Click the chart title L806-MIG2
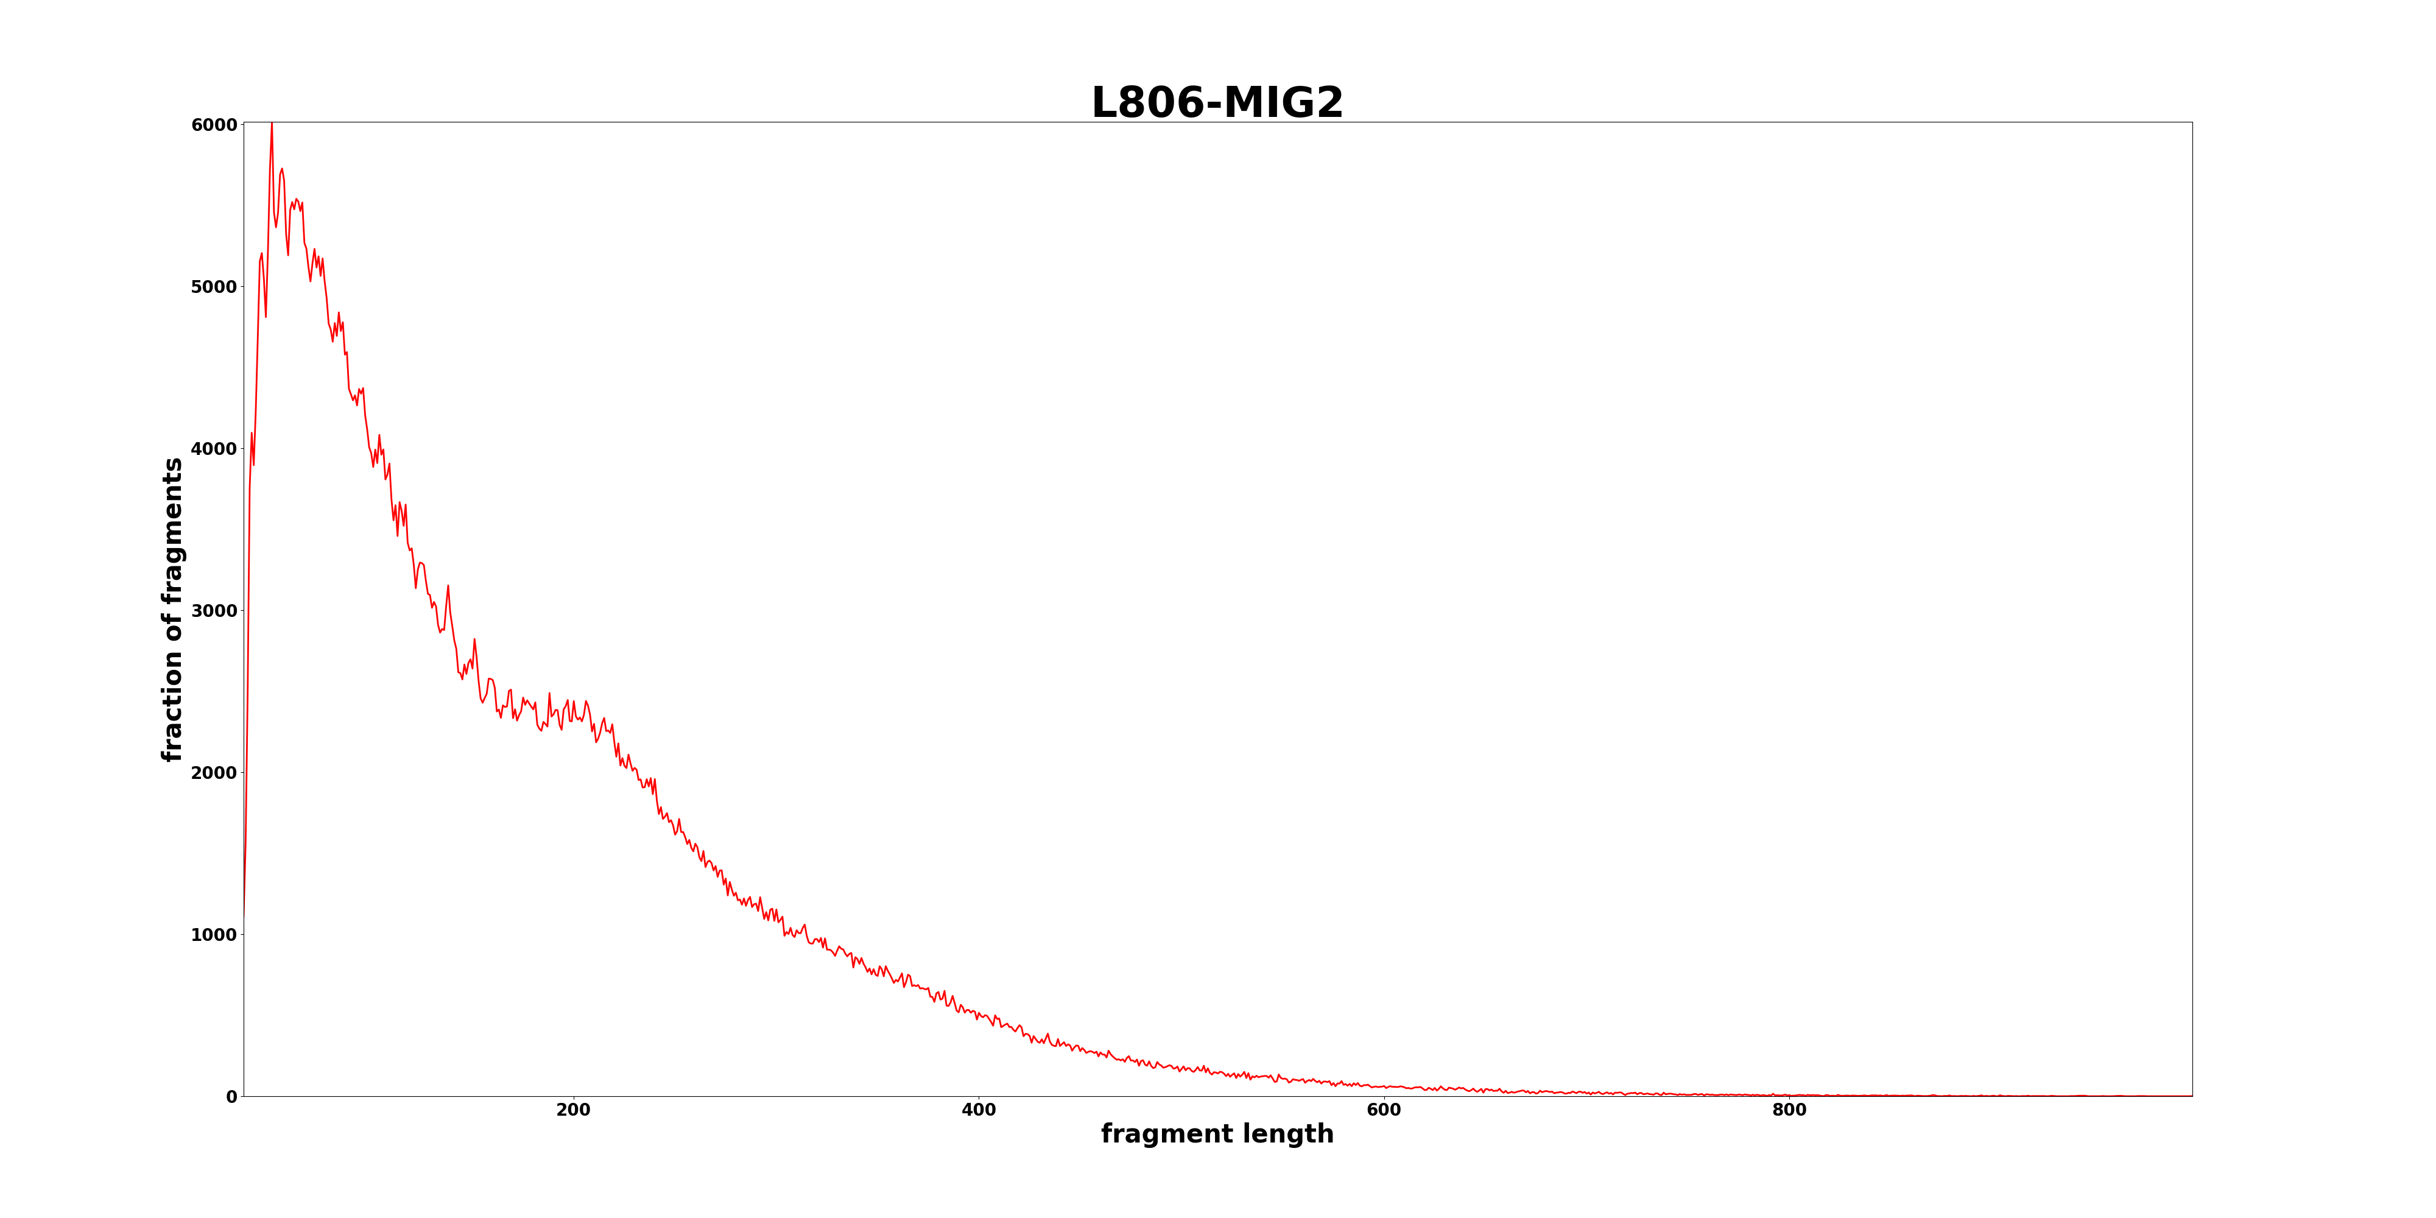coord(1217,103)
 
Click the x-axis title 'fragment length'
coord(1217,1134)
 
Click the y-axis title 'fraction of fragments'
coord(173,610)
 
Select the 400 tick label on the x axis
coord(979,1110)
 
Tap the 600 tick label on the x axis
coord(1384,1110)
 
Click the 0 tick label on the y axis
coord(231,1097)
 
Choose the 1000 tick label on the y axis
coord(214,935)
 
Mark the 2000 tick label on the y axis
coord(214,773)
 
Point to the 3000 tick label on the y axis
coord(214,611)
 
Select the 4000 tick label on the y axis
coord(214,449)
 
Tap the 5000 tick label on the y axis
coord(214,286)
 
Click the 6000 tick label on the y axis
coord(214,125)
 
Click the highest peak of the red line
coord(272,124)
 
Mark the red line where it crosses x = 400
coord(979,1016)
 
